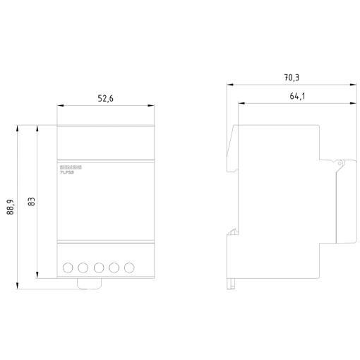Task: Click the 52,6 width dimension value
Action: click(x=105, y=99)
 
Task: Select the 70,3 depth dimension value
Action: click(x=292, y=77)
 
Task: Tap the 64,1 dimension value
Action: click(x=296, y=97)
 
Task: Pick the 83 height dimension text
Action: click(x=32, y=201)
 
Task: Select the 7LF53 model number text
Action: click(x=67, y=172)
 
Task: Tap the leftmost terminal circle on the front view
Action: click(x=68, y=268)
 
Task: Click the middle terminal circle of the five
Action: click(x=99, y=268)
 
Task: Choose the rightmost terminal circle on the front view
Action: click(x=129, y=268)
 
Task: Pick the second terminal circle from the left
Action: click(x=83, y=268)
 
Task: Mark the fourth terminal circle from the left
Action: click(x=114, y=268)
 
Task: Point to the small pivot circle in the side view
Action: click(x=340, y=164)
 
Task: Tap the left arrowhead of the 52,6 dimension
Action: click(x=60, y=106)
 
